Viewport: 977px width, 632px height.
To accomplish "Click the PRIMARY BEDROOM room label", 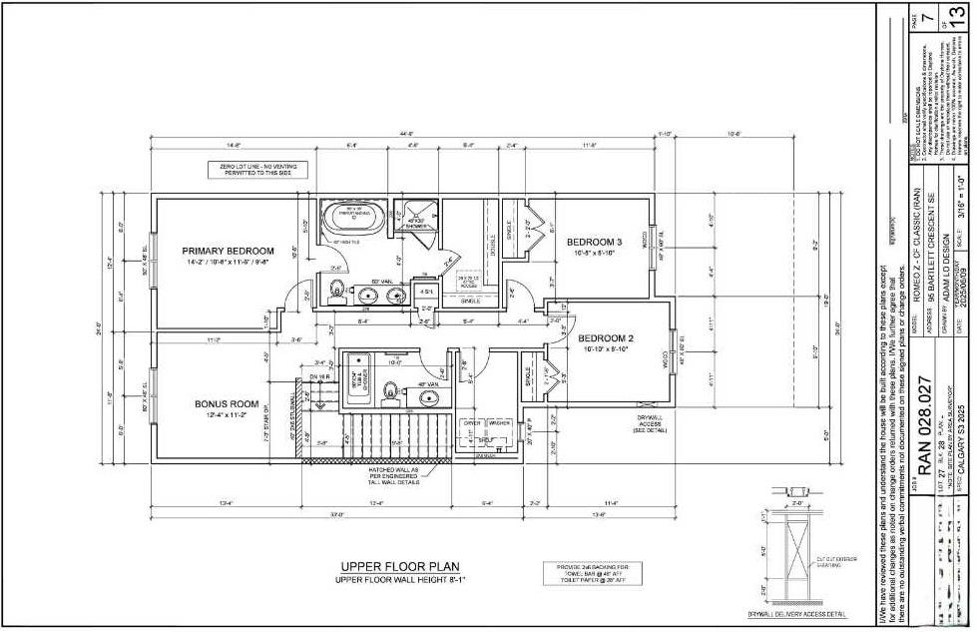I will click(228, 251).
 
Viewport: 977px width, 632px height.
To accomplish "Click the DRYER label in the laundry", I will click(472, 423).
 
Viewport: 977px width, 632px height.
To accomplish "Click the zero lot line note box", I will click(257, 170).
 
